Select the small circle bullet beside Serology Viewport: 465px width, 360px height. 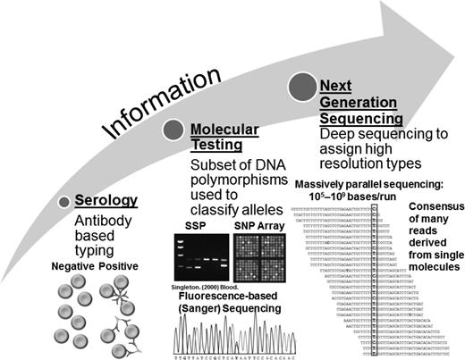coord(63,203)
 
